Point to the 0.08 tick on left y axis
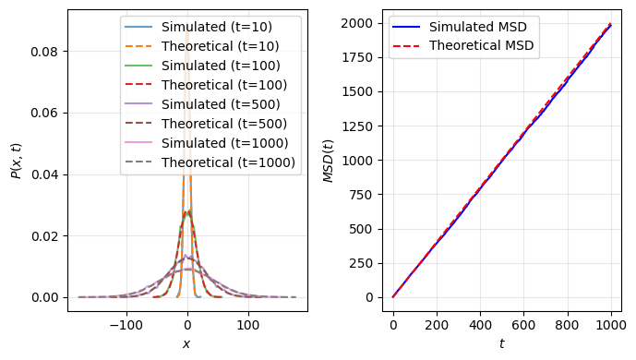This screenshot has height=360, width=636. (45, 52)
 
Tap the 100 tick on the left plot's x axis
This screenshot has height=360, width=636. (248, 325)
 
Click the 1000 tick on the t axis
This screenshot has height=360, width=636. (611, 325)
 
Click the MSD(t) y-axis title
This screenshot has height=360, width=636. (329, 161)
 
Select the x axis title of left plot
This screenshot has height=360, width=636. (187, 344)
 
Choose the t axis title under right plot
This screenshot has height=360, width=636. (502, 344)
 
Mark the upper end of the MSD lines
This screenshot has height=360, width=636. (610, 25)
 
